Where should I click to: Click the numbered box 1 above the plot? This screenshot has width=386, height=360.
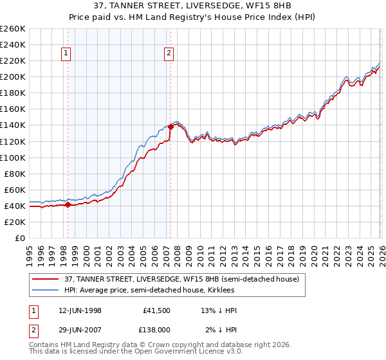click(x=67, y=54)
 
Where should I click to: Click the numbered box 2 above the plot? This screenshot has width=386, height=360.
click(x=169, y=54)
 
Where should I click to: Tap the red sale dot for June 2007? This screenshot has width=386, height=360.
click(x=170, y=127)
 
